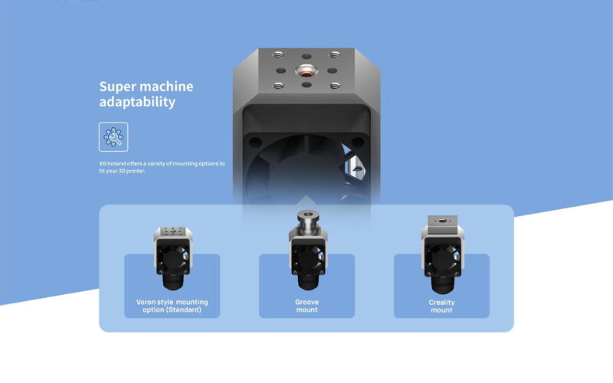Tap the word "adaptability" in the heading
(137, 102)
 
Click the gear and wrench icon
(113, 137)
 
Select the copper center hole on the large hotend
(306, 71)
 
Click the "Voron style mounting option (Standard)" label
(172, 306)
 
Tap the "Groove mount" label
(307, 306)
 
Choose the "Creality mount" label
(442, 306)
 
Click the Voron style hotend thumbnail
(173, 258)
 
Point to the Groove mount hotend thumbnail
(308, 250)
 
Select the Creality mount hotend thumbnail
(443, 254)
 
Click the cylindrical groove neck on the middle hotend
(308, 222)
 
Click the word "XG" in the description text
(103, 163)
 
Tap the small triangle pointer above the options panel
(306, 200)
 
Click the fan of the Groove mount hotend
(309, 258)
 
